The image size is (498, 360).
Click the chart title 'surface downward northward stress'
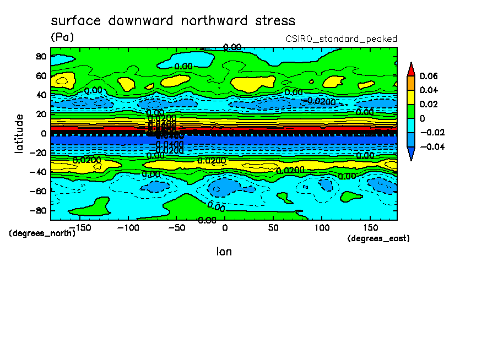tap(173, 21)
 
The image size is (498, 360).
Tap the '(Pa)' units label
tap(62, 37)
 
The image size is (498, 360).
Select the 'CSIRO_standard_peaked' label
tap(341, 39)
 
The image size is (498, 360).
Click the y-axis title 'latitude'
tap(19, 133)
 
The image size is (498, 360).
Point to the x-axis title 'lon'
tap(224, 252)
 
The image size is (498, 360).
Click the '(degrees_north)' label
tap(42, 233)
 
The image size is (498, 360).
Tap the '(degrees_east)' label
tap(378, 238)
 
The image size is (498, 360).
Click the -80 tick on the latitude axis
tap(37, 210)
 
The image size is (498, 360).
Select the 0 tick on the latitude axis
tap(43, 133)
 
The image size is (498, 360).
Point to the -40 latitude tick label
tap(37, 172)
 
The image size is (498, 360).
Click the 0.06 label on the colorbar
tap(428, 76)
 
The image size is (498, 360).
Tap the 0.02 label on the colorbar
tap(428, 104)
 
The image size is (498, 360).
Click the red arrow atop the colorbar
tap(410, 69)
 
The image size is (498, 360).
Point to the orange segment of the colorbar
tap(410, 83)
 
